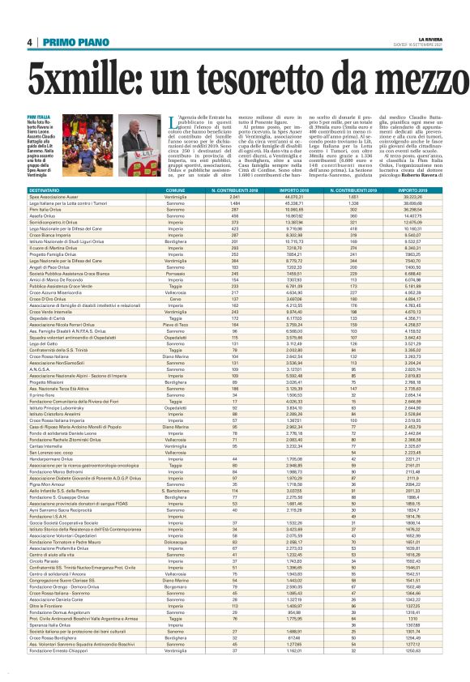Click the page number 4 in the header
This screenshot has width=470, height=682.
tap(29, 42)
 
